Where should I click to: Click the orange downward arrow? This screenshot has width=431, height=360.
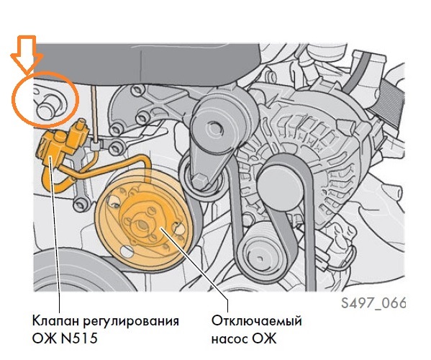point(27,53)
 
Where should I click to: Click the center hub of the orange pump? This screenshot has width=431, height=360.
point(141,224)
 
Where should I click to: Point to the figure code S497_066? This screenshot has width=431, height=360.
point(373,303)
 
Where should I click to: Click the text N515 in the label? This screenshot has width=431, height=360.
point(79,338)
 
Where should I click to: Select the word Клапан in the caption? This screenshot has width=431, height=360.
point(56,321)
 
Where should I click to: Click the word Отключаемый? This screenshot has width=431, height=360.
point(256,321)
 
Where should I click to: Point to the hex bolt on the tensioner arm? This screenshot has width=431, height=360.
point(199,181)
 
